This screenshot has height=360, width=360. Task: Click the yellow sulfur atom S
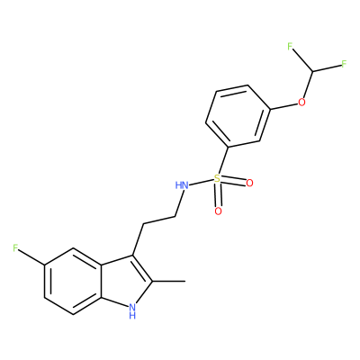click(x=217, y=178)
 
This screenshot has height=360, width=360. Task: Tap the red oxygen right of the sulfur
click(x=249, y=183)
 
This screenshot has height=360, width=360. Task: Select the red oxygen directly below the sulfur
click(x=219, y=211)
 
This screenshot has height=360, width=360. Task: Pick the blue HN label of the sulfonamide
click(x=182, y=185)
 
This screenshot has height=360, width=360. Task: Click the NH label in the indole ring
click(x=132, y=310)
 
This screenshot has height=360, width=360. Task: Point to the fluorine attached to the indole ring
click(x=15, y=248)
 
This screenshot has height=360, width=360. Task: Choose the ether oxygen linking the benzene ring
click(x=301, y=103)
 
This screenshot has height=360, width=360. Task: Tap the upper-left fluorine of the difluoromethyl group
click(x=290, y=47)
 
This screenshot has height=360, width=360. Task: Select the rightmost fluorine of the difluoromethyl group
click(x=344, y=64)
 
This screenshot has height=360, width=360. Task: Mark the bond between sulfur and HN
click(x=202, y=183)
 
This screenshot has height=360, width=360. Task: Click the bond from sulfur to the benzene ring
click(x=223, y=160)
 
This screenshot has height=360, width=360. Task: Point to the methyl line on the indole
click(x=168, y=282)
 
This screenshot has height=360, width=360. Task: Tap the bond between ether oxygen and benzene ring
click(x=284, y=106)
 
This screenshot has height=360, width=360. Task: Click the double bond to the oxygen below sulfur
click(x=218, y=195)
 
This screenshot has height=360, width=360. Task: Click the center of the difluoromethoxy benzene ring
click(x=238, y=116)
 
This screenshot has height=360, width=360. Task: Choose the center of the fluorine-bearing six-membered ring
click(x=73, y=281)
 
